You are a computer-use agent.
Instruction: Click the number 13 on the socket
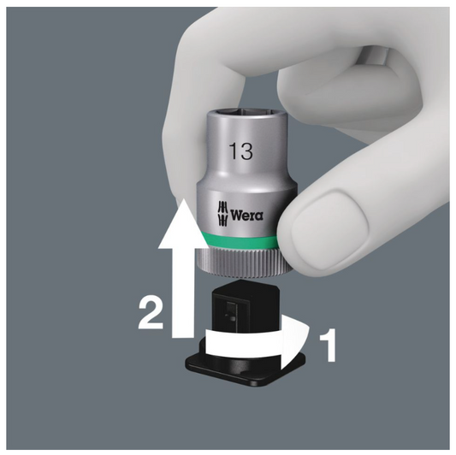point(240,151)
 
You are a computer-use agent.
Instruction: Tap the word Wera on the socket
point(247,216)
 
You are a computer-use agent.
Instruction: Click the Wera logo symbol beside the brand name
point(222,214)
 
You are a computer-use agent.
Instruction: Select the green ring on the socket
point(239,239)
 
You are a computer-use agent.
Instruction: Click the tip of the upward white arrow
point(183,199)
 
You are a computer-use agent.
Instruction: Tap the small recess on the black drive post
point(232,312)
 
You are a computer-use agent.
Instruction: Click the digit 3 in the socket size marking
point(246,151)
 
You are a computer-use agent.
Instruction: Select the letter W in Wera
point(236,216)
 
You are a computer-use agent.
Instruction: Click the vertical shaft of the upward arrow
point(183,292)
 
